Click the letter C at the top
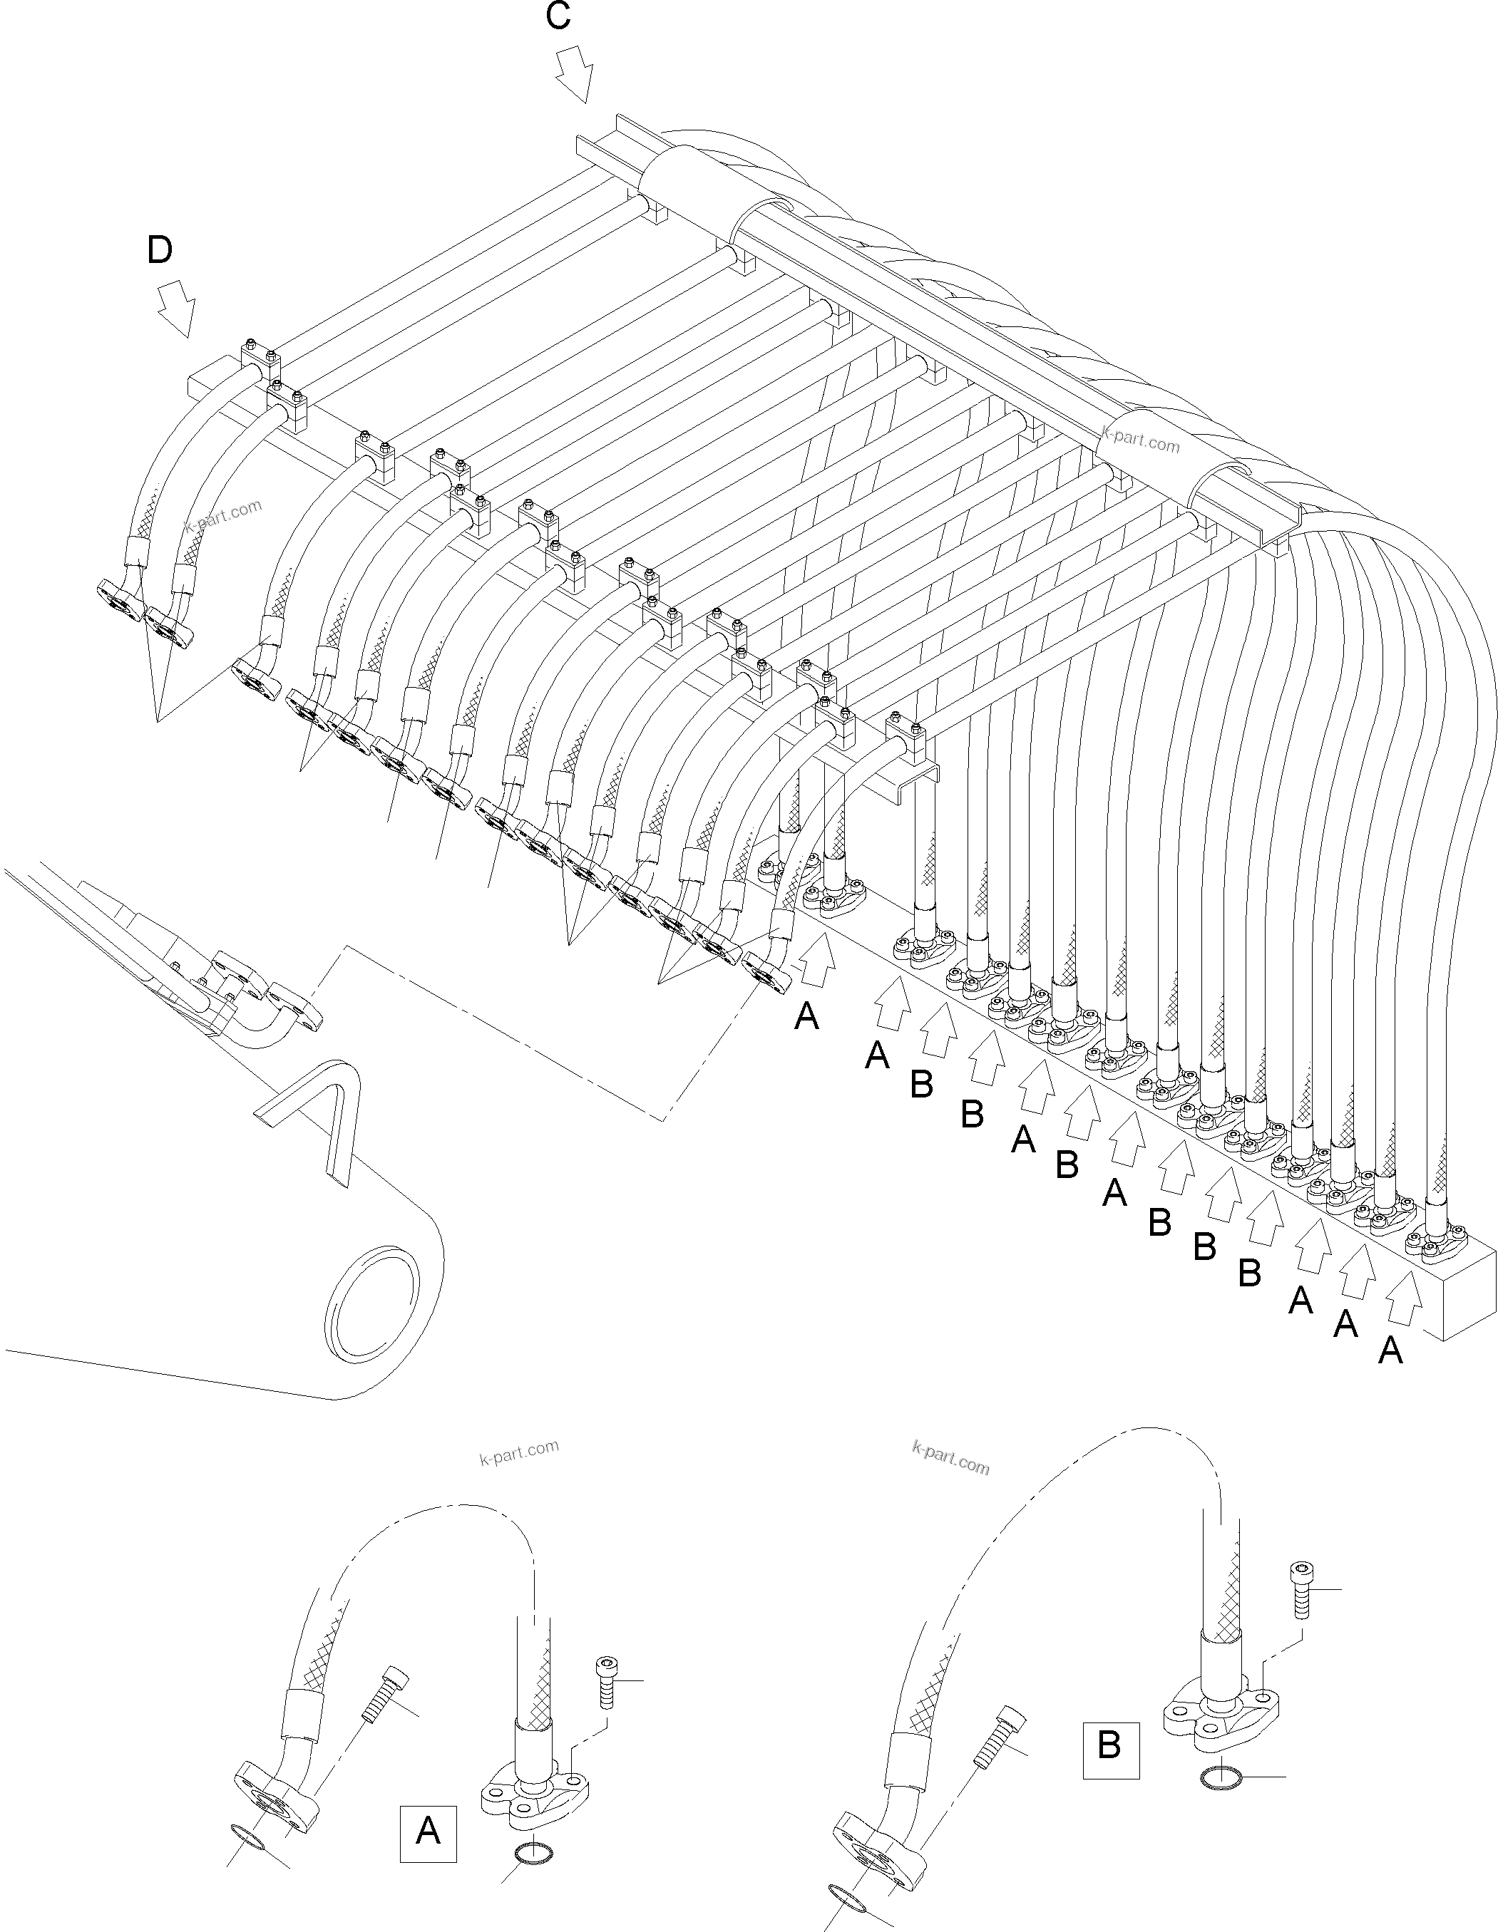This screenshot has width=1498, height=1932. (x=558, y=18)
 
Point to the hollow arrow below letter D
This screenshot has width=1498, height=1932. (x=176, y=309)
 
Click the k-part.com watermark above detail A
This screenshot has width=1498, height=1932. (x=519, y=1452)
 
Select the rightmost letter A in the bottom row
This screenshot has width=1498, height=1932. (x=1391, y=1350)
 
